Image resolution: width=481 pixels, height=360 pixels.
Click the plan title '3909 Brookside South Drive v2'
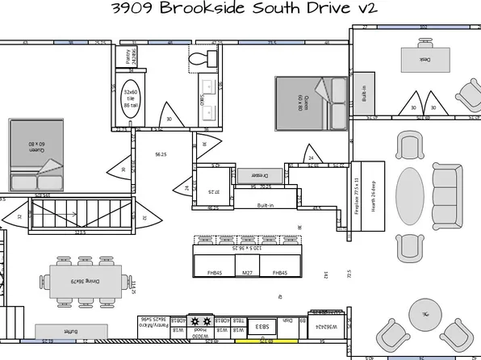tap(240, 9)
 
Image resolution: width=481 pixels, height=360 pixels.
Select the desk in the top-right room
tap(422, 59)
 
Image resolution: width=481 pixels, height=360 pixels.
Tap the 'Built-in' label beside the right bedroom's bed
tap(364, 94)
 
